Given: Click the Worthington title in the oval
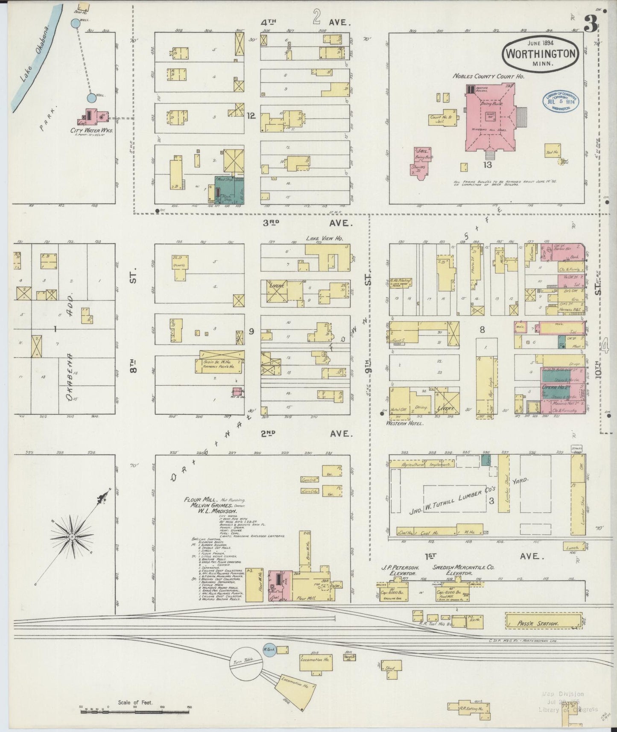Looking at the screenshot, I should pyautogui.click(x=541, y=54).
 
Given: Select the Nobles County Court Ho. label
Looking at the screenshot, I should pyautogui.click(x=488, y=76).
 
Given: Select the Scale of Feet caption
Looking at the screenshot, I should pyautogui.click(x=135, y=702).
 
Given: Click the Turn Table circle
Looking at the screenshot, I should pyautogui.click(x=246, y=673).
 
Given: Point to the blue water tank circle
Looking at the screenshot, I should pyautogui.click(x=269, y=662).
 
